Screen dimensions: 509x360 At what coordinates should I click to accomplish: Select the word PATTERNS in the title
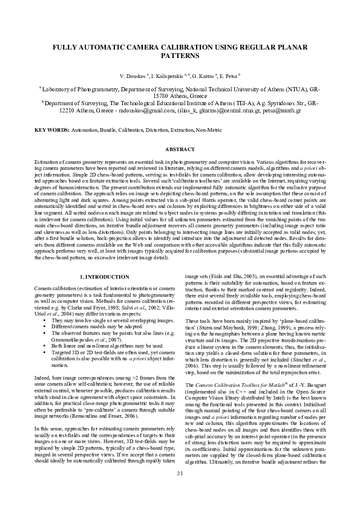tap(180, 56)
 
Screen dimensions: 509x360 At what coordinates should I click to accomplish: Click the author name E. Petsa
tap(228, 76)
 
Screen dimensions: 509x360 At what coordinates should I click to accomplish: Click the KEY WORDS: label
tap(51, 131)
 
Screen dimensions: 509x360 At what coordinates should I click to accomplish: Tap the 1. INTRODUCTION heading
tap(100, 276)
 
